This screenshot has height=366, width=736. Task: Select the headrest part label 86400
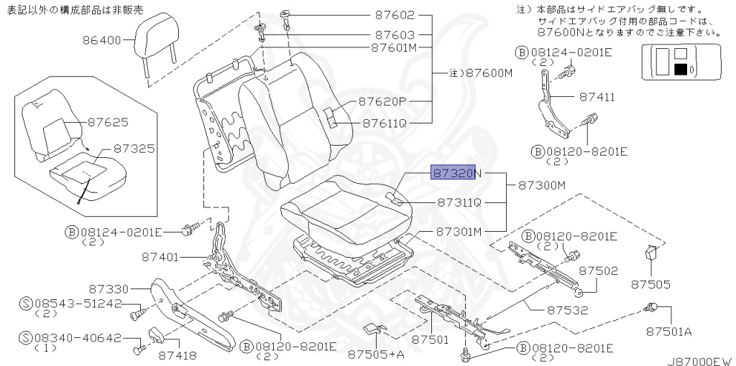point(102,40)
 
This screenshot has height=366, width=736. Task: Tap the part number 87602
point(395,15)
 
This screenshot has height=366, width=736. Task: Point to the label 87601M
point(395,47)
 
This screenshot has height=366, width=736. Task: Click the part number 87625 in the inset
point(108,122)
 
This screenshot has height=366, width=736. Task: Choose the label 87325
point(134,149)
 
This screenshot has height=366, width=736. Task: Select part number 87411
point(597,97)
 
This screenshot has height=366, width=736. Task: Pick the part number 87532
point(568,310)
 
